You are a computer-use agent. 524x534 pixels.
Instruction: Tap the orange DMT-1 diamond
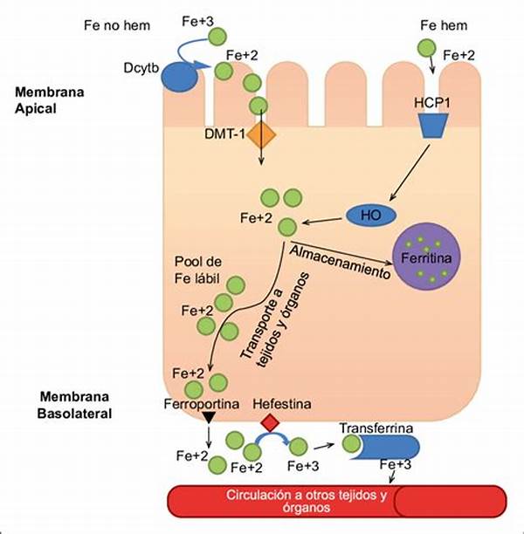click(x=261, y=134)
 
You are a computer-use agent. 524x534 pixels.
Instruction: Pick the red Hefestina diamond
click(x=272, y=422)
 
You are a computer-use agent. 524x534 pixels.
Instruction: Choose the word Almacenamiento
click(x=341, y=261)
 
